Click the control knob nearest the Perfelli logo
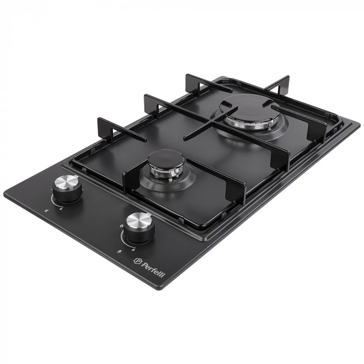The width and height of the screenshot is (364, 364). [138, 228]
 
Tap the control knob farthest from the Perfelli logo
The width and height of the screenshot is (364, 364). [67, 190]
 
